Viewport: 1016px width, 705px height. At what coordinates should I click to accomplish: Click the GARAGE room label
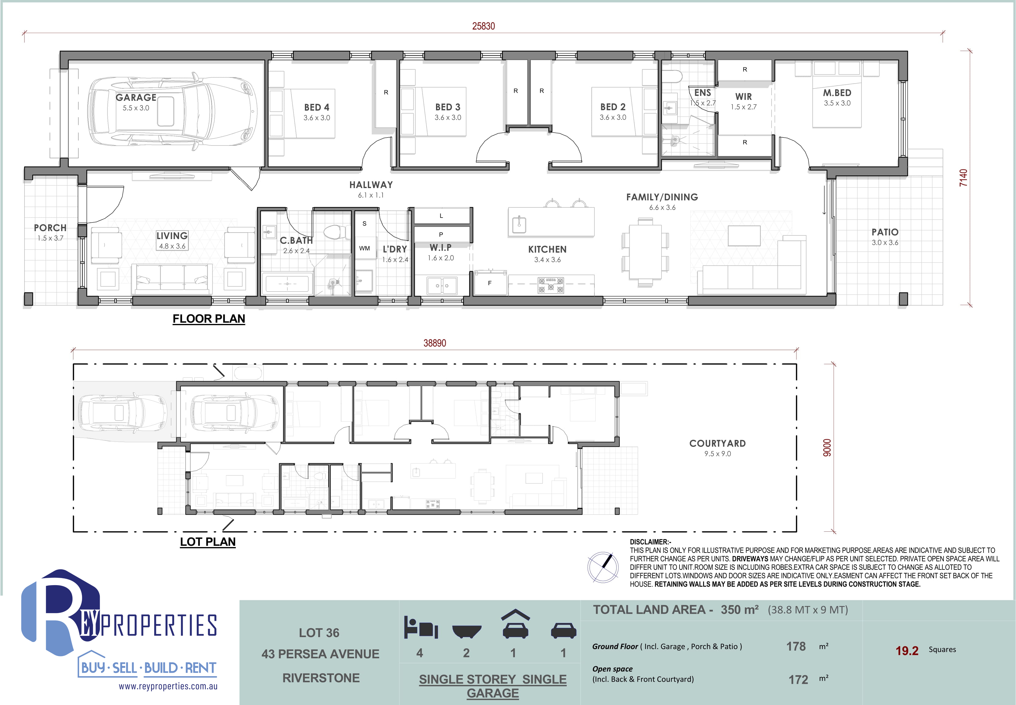pos(136,97)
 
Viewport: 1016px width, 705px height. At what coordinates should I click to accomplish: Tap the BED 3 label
pos(448,107)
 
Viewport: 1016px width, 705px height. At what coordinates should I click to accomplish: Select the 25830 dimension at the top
pos(483,26)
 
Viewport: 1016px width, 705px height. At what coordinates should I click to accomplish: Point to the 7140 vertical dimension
pos(963,178)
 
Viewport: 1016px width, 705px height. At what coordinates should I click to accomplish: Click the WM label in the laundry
pos(364,248)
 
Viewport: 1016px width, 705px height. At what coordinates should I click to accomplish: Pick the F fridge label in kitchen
pos(489,283)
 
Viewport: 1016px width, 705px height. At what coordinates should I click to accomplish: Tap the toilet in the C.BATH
pos(334,231)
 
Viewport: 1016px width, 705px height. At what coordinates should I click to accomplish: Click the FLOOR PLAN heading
pos(209,319)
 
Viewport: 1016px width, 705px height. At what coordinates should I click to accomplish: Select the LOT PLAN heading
pos(208,542)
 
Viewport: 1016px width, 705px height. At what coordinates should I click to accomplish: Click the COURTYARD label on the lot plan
pos(718,443)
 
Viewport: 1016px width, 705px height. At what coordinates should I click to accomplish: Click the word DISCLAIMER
pos(649,542)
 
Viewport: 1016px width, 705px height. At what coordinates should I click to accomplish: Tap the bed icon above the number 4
pos(421,627)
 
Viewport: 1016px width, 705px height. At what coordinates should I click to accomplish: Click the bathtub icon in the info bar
pos(466,631)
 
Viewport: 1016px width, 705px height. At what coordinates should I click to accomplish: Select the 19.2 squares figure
pos(907,651)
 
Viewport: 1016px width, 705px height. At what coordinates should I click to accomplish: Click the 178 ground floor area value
pos(796,647)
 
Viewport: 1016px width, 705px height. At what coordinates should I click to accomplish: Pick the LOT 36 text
pos(319,633)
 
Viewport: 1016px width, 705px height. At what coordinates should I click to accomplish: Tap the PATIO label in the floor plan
pos(885,232)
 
